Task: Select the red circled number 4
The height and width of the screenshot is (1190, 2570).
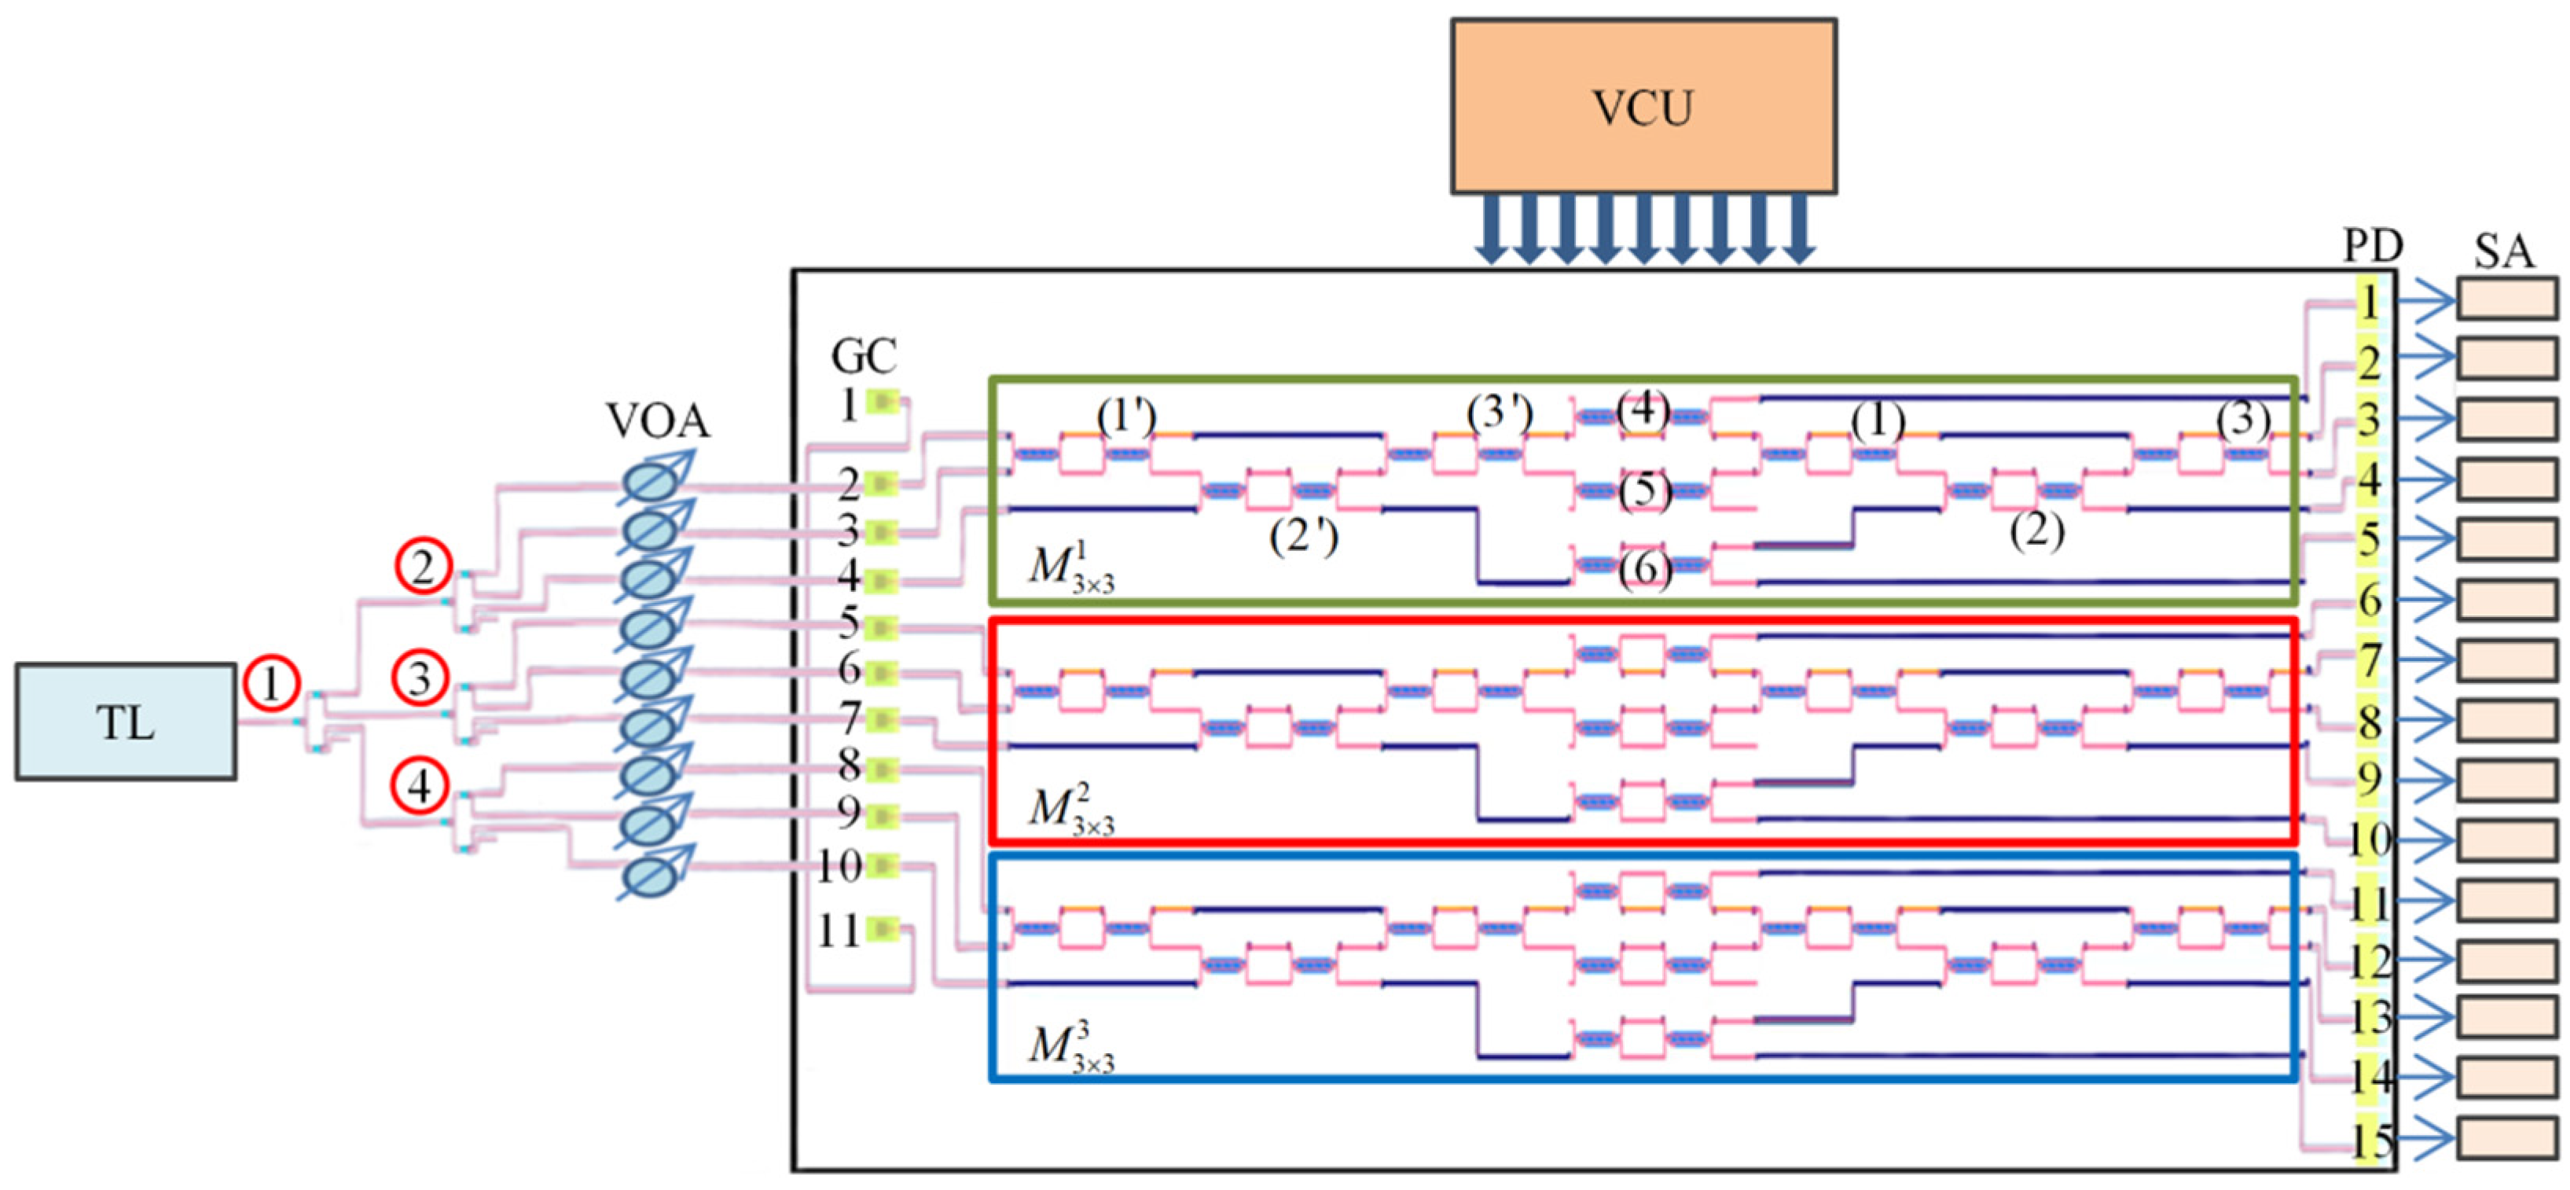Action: tap(420, 786)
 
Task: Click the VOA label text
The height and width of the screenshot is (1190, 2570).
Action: tap(659, 422)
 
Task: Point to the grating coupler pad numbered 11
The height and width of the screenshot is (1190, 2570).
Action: tap(883, 930)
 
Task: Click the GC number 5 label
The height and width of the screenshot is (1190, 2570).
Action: tap(848, 624)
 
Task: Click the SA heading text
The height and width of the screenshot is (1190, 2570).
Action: tap(2503, 252)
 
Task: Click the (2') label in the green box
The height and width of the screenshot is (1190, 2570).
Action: tap(1303, 538)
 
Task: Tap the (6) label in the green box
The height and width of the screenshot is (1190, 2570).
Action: tap(1644, 571)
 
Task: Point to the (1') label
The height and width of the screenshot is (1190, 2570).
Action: tap(1126, 417)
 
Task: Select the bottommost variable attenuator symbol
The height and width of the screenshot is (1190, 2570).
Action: tap(653, 876)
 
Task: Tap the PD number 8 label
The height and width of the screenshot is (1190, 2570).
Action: tap(2370, 722)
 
